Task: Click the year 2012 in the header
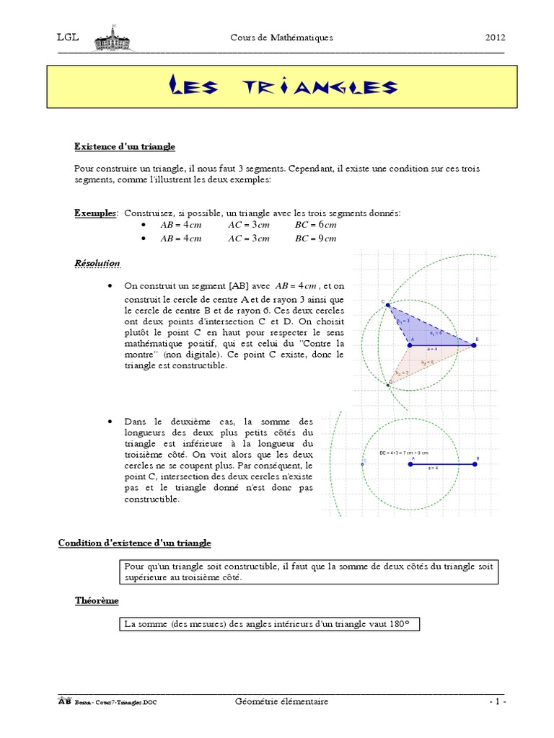[x=495, y=38]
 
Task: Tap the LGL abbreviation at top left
[x=67, y=38]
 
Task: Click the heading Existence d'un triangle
[x=125, y=146]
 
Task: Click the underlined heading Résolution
[x=97, y=263]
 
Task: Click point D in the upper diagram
[x=389, y=385]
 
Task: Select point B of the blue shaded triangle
[x=474, y=345]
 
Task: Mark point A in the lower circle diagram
[x=410, y=465]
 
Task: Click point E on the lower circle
[x=362, y=465]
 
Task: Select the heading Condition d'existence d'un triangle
[x=135, y=542]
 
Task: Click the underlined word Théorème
[x=97, y=600]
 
